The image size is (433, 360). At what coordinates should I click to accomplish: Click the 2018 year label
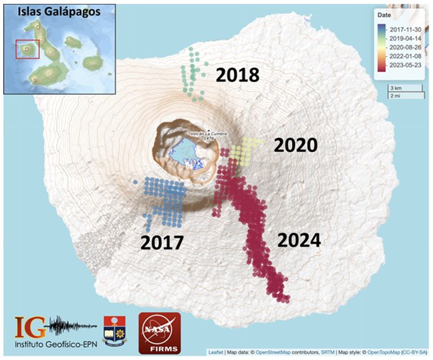[237, 75]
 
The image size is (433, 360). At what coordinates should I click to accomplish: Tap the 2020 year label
[296, 146]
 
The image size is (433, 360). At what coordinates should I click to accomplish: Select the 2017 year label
[161, 242]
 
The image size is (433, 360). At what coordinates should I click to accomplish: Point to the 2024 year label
[299, 240]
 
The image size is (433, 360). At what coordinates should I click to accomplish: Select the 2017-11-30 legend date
[406, 29]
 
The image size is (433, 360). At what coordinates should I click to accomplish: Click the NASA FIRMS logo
[159, 332]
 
